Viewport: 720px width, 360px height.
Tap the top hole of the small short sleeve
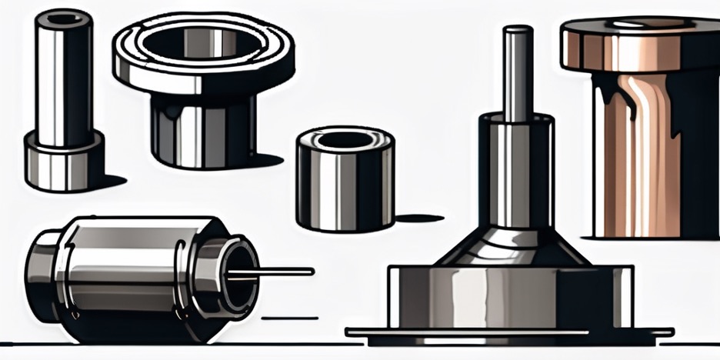pyautogui.click(x=345, y=141)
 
